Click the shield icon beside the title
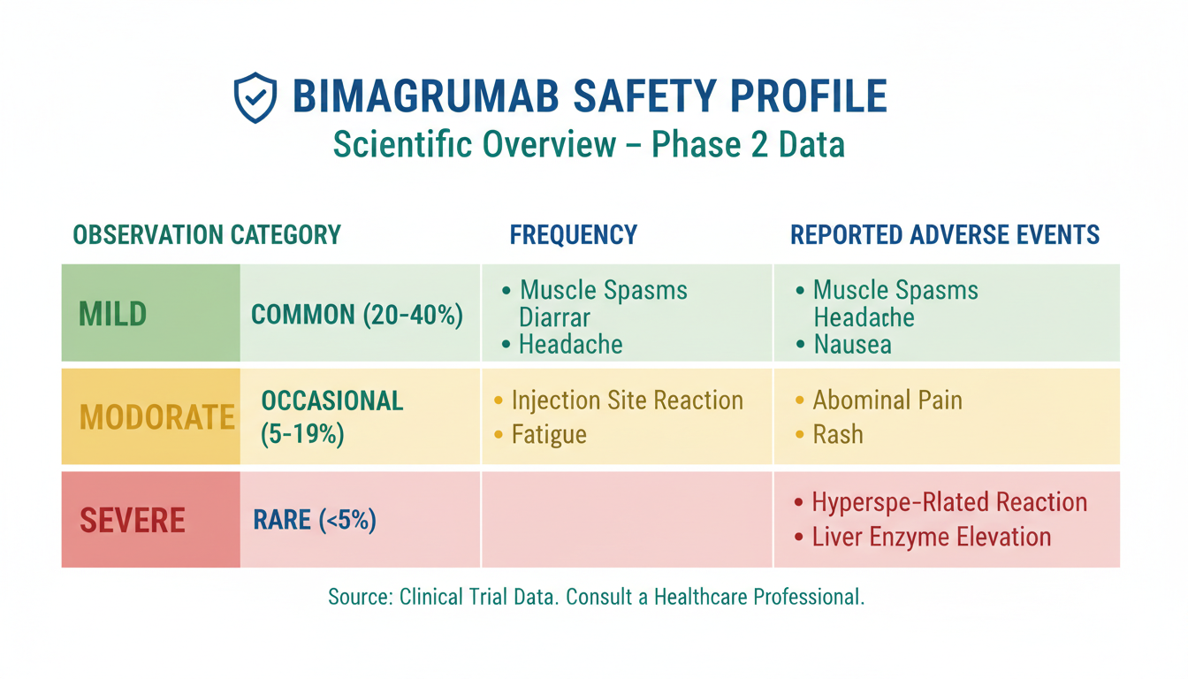[x=255, y=97]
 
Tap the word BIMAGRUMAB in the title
[x=426, y=96]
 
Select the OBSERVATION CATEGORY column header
[x=207, y=235]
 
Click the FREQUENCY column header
[x=574, y=235]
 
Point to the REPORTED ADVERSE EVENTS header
[x=945, y=235]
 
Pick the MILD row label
[x=112, y=314]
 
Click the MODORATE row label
[x=157, y=417]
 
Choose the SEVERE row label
[x=133, y=520]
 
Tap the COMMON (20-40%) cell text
[x=357, y=315]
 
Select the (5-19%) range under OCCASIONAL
[x=302, y=434]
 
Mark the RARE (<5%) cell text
[x=315, y=520]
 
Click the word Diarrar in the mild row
[x=554, y=317]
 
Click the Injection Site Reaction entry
[x=619, y=401]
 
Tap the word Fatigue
[x=549, y=435]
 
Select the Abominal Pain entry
[x=880, y=401]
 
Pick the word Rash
[x=838, y=435]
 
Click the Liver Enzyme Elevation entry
[x=923, y=537]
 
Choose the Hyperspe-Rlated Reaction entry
[x=940, y=502]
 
